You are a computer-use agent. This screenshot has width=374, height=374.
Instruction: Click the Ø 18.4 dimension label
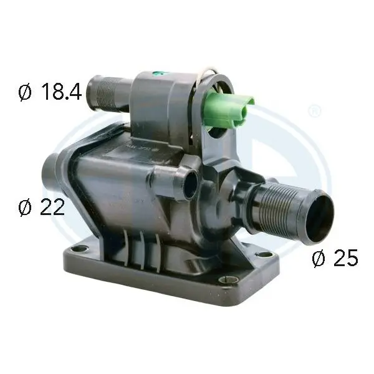pos(50,92)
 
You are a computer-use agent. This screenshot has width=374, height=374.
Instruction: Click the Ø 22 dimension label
pos(42,207)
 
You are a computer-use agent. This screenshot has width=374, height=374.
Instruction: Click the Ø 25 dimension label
pos(335,257)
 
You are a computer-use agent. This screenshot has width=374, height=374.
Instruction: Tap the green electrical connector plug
pos(228,109)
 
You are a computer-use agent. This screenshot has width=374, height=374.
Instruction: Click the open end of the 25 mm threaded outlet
pos(320,216)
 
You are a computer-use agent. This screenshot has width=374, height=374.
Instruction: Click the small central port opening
pos(191,185)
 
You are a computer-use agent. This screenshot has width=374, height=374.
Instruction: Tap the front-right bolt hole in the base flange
pos(228,279)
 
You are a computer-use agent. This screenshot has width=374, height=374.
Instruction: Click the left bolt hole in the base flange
pos(79,249)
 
